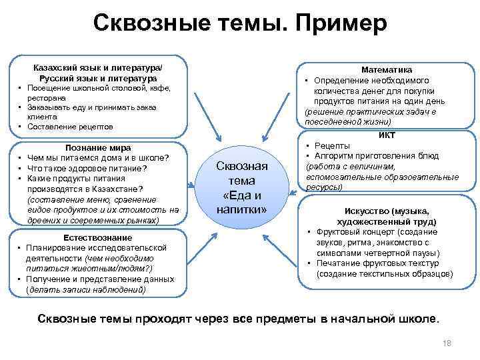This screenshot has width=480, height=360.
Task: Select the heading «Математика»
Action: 387,69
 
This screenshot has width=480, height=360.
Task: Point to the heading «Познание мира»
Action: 97,147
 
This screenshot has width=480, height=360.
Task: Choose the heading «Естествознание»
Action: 97,238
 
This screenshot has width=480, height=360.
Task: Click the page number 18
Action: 447,343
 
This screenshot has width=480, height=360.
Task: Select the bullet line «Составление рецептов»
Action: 70,127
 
